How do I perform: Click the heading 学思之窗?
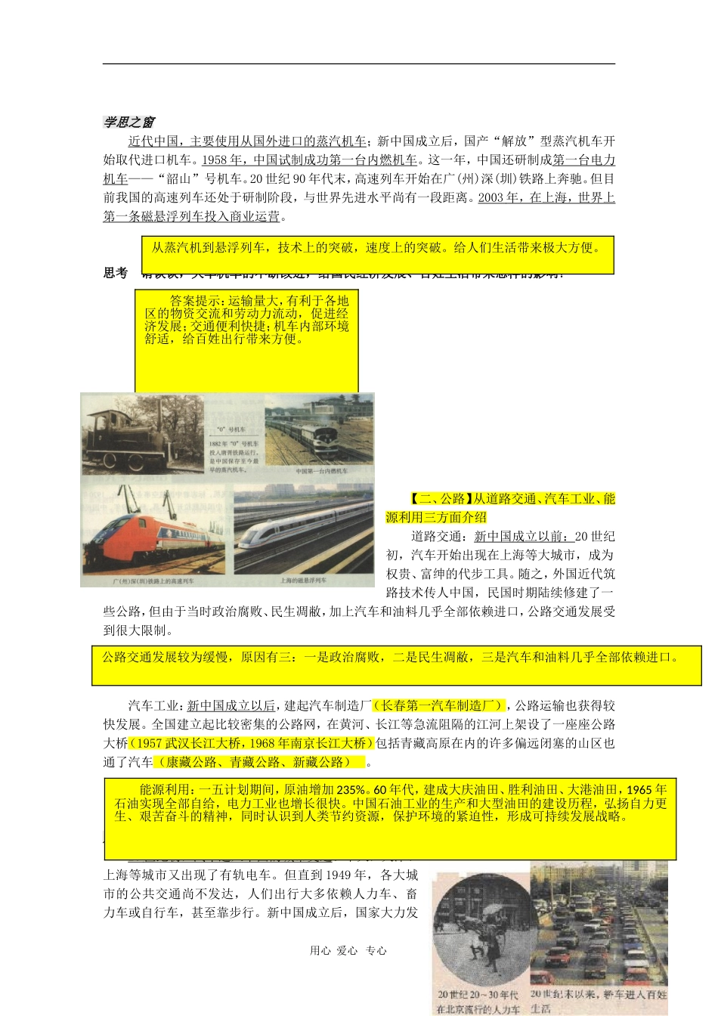(129, 122)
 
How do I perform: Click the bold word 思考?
(116, 273)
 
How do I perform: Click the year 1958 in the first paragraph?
(215, 160)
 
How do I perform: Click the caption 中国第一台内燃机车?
(321, 471)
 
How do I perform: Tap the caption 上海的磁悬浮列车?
(303, 581)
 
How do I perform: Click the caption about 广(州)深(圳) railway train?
(153, 581)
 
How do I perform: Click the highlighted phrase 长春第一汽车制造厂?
(438, 705)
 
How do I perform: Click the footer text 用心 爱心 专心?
(348, 951)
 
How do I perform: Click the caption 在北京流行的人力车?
(478, 1009)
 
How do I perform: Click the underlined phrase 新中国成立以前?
(523, 537)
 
